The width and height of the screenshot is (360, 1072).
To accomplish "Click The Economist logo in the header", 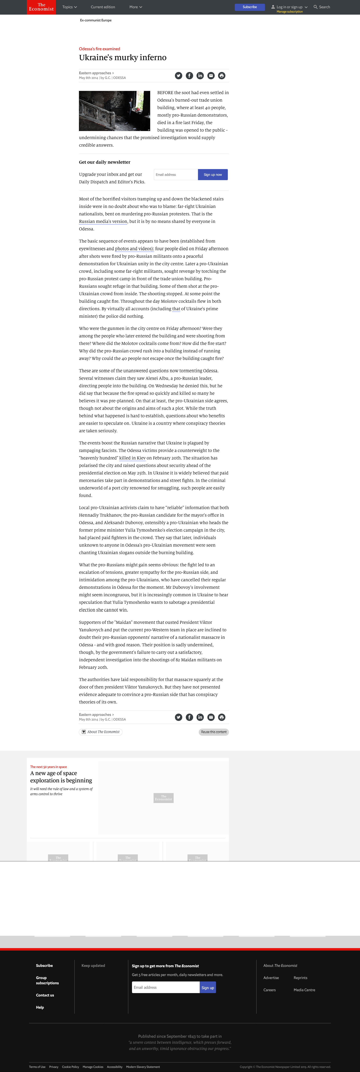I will [x=41, y=7].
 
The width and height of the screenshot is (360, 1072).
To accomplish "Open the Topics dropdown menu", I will [x=70, y=7].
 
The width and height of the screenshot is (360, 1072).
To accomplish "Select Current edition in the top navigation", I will [x=103, y=7].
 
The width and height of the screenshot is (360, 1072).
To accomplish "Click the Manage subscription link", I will [x=290, y=12].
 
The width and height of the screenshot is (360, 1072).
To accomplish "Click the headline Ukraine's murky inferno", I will [x=123, y=57].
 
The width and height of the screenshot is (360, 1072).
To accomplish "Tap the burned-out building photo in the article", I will [x=114, y=111].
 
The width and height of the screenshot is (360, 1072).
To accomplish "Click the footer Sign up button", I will [x=208, y=987].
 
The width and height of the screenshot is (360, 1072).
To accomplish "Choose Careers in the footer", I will [x=269, y=990].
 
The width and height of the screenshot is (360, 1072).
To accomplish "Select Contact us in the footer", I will [x=45, y=995].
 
